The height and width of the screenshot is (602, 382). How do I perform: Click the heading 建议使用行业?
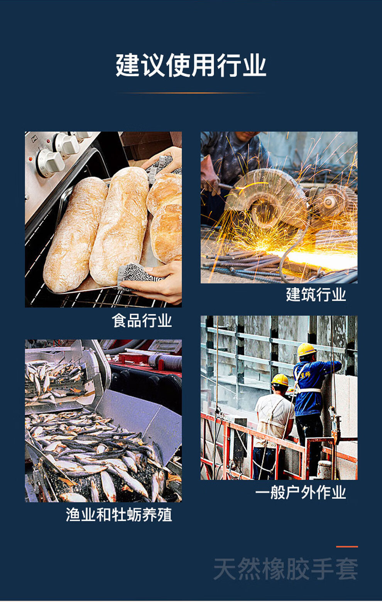191,65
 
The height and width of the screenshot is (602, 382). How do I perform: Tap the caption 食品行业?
142,320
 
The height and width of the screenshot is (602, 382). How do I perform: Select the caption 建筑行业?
316,294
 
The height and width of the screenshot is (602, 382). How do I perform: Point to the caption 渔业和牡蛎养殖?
119,515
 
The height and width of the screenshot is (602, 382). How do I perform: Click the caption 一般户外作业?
301,492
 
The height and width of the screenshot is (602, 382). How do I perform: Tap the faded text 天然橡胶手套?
286,568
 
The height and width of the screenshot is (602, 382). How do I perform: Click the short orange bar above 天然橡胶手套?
347,547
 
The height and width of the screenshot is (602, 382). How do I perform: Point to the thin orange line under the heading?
191,93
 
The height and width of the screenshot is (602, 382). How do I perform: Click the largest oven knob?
51,163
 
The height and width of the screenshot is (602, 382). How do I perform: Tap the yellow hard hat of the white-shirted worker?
280,380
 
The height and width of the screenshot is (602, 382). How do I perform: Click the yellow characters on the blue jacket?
305,374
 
